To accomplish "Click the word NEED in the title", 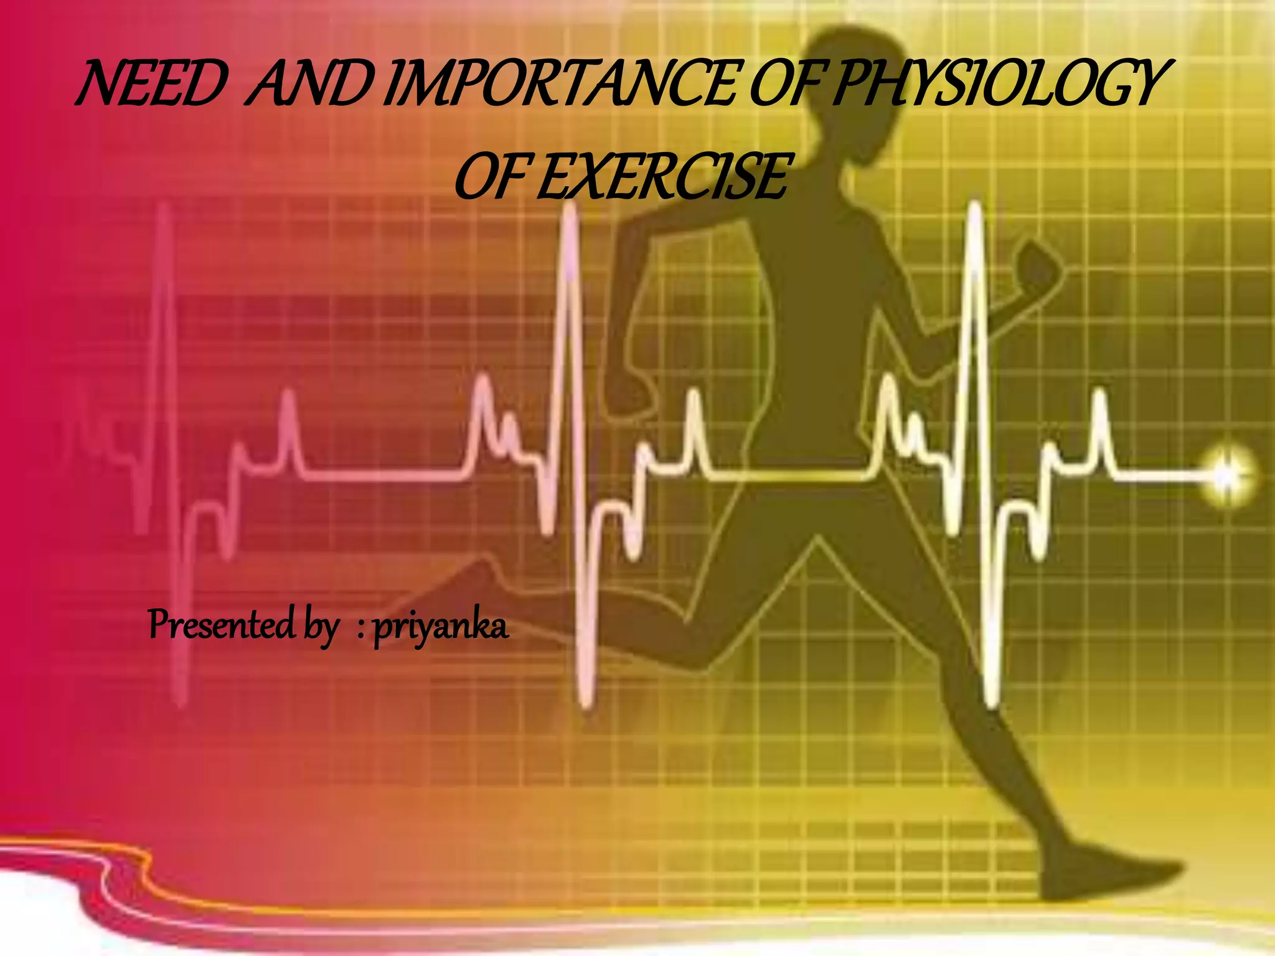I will tap(149, 84).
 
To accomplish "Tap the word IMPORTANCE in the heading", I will tap(563, 84).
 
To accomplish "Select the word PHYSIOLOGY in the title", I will tap(996, 84).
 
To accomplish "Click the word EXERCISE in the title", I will tap(663, 177).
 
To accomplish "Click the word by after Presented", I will tap(321, 627).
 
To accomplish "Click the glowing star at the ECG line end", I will tap(1225, 476).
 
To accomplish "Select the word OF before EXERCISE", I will tap(492, 177).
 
